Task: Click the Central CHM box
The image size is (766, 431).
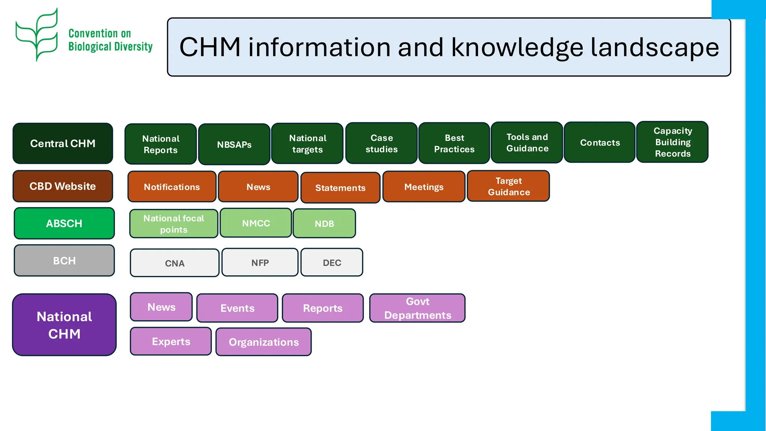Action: [x=63, y=143]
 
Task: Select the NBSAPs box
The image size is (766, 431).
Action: [x=234, y=144]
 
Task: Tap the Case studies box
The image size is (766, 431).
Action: [x=381, y=143]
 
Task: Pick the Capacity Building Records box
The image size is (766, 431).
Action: [x=672, y=142]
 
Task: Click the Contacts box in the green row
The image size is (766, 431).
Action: [x=600, y=143]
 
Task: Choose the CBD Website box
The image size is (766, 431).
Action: [x=63, y=186]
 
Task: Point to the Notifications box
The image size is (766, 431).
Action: [x=172, y=187]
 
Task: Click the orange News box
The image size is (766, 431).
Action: [x=258, y=187]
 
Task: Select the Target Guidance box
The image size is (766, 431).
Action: [x=508, y=186]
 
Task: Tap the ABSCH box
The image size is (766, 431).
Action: [x=64, y=223]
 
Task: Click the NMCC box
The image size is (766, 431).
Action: [x=256, y=223]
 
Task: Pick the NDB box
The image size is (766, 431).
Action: [x=324, y=224]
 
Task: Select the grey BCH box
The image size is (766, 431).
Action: [x=64, y=260]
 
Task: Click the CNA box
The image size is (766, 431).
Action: [x=175, y=263]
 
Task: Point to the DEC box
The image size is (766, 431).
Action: [x=332, y=263]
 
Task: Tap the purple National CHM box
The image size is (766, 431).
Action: [x=64, y=325]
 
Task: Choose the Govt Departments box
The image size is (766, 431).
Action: [x=417, y=308]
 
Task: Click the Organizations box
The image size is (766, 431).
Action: [x=264, y=342]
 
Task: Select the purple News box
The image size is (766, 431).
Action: [x=161, y=307]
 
